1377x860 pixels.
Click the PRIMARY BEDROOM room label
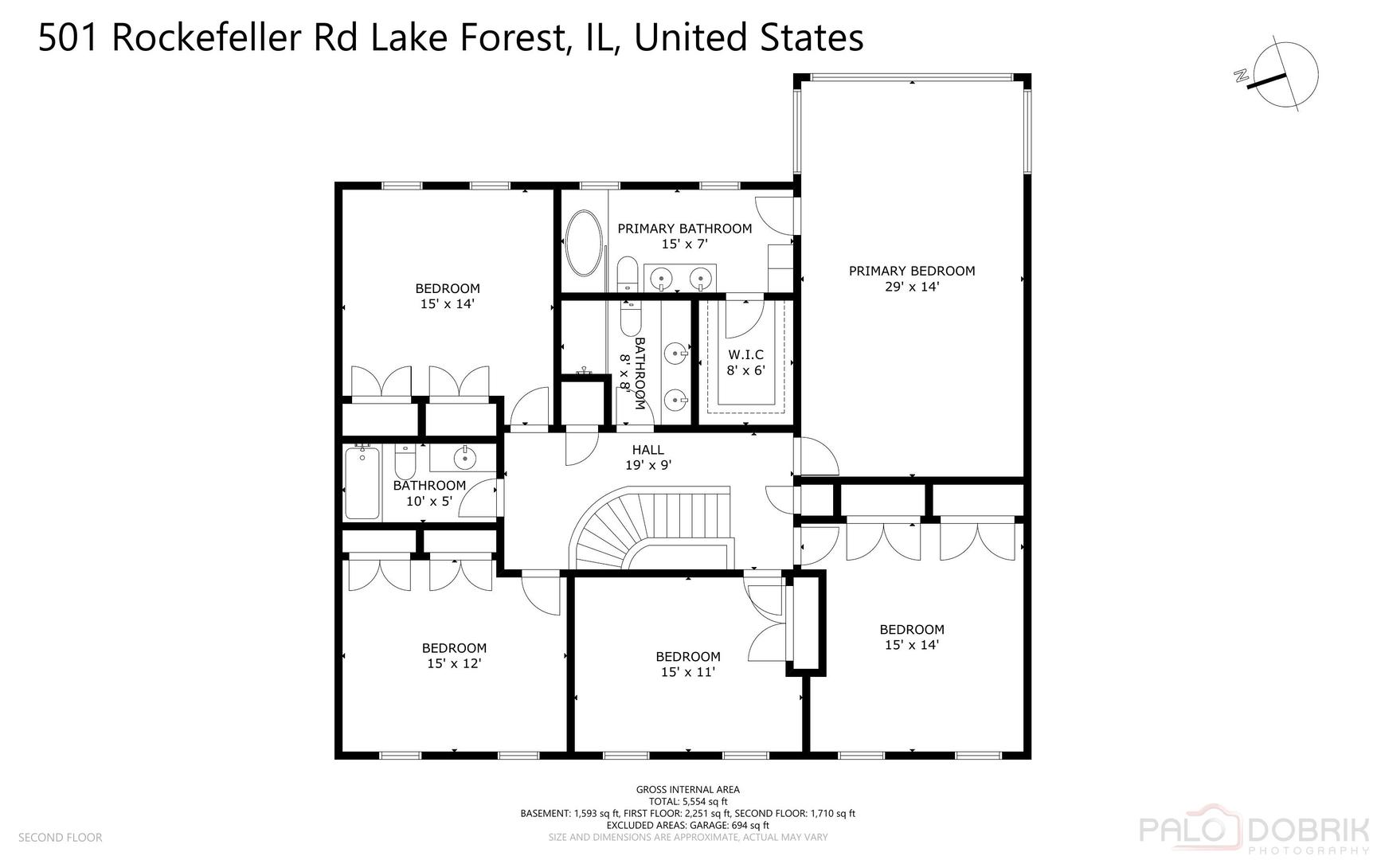point(911,271)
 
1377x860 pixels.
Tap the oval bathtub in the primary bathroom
point(584,243)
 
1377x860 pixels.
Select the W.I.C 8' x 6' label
point(745,362)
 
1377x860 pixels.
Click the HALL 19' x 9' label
point(647,457)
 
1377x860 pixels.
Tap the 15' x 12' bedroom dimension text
point(454,663)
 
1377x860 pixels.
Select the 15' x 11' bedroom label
point(687,664)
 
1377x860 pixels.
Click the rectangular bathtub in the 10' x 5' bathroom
point(362,483)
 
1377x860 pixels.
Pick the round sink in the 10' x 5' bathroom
point(464,458)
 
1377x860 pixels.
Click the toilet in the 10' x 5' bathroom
point(405,461)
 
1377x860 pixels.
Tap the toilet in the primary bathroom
point(628,275)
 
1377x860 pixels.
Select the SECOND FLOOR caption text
point(60,837)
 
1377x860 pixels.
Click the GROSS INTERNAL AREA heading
point(687,790)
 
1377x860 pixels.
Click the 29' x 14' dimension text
point(911,287)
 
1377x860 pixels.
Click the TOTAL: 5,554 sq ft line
point(687,802)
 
